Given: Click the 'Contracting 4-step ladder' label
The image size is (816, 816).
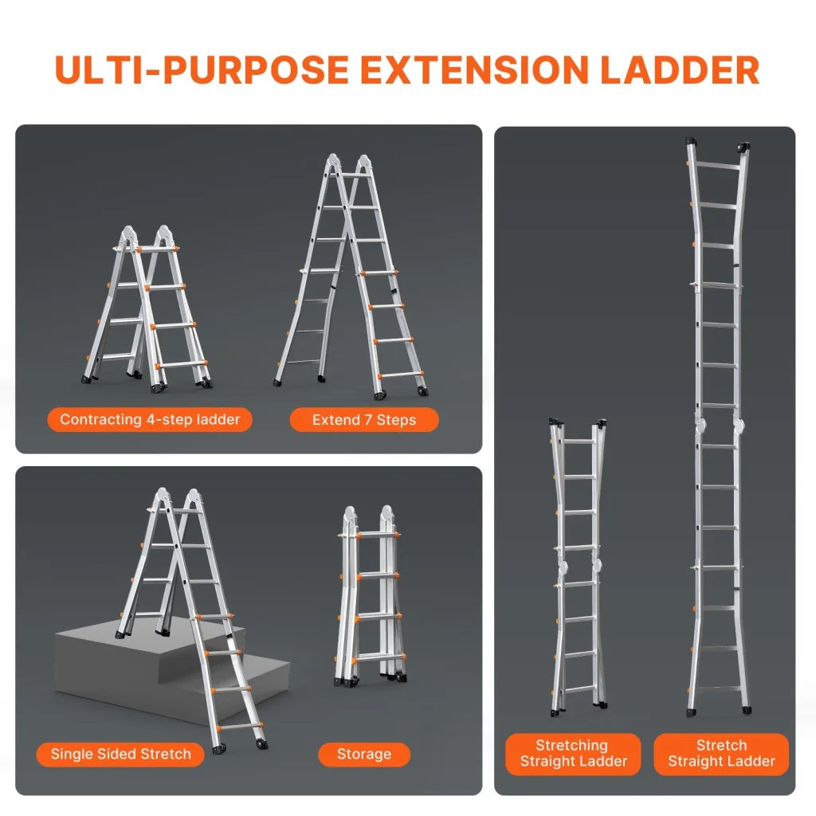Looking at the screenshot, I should click(x=150, y=419).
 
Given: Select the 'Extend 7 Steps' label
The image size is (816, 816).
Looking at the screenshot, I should click(x=363, y=419).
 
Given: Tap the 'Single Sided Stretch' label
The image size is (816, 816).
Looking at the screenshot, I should click(x=120, y=754).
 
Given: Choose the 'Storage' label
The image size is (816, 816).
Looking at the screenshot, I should click(x=363, y=754).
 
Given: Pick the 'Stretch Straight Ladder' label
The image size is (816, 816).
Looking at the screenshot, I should click(x=721, y=754).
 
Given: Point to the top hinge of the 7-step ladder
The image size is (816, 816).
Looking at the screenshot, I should click(x=349, y=163).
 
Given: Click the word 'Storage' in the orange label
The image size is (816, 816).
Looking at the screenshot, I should click(x=363, y=754).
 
